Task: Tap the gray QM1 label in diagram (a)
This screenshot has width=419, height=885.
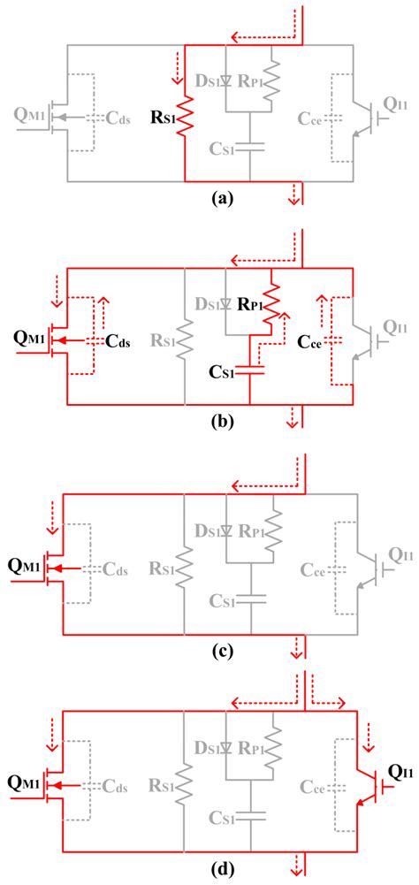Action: (x=28, y=115)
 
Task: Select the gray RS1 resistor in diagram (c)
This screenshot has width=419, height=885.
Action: (x=184, y=566)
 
